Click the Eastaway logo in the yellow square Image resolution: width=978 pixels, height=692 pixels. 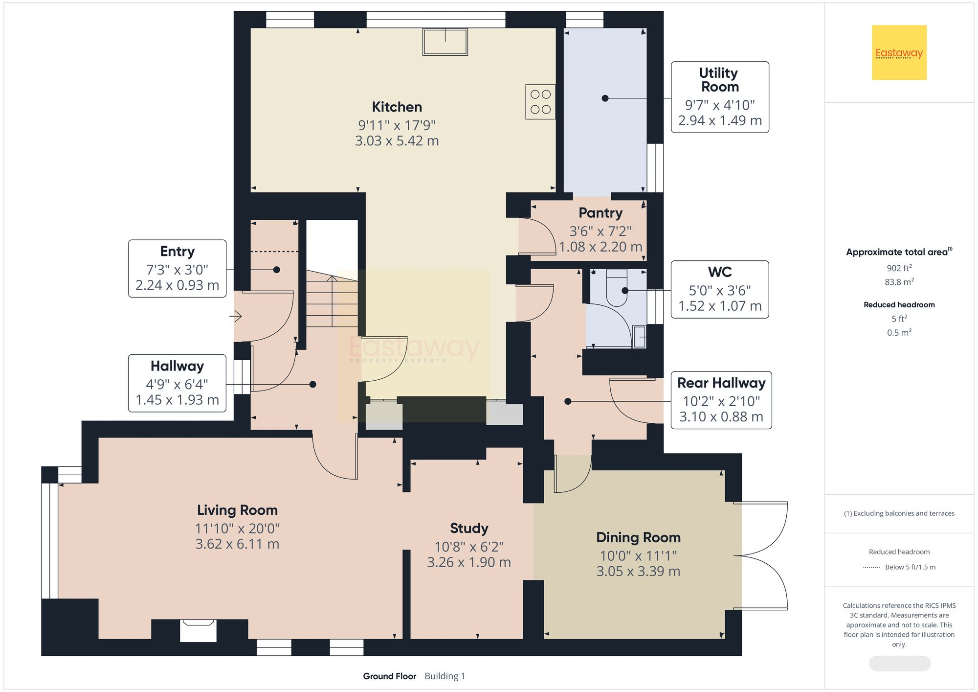click(x=899, y=52)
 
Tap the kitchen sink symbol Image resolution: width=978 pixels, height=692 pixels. click(x=445, y=42)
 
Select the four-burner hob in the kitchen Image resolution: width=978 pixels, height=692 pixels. click(x=540, y=102)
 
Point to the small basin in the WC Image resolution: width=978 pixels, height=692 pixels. click(x=639, y=337)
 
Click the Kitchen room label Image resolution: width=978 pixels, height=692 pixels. click(x=397, y=107)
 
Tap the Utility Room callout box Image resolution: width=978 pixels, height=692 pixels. click(x=719, y=97)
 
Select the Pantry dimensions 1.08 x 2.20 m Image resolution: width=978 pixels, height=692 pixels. click(x=600, y=247)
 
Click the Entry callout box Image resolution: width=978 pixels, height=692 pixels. click(x=177, y=268)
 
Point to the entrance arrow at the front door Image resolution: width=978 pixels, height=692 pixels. click(x=236, y=316)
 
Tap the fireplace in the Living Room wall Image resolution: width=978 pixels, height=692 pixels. click(x=198, y=630)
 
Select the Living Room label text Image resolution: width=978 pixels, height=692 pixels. click(x=237, y=510)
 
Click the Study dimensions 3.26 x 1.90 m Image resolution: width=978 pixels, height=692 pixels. click(x=469, y=562)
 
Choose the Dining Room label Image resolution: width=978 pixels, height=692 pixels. click(x=638, y=537)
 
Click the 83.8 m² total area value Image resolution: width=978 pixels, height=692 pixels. click(x=899, y=282)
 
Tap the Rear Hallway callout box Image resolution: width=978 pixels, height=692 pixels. click(x=721, y=400)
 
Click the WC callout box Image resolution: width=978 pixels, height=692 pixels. click(x=719, y=289)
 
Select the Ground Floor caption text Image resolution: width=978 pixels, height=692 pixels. click(x=389, y=676)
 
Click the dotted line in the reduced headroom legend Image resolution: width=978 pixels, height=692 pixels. click(x=871, y=567)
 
